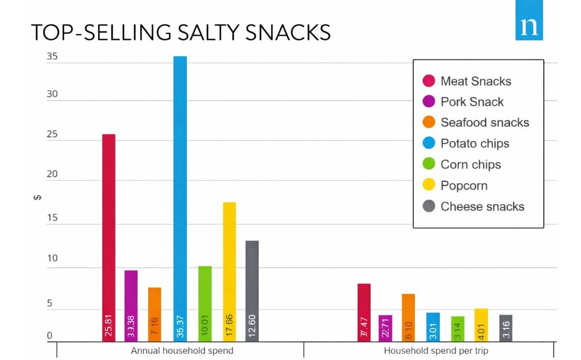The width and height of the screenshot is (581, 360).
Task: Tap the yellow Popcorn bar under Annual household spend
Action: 229,262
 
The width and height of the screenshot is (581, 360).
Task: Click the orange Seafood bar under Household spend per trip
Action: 408,310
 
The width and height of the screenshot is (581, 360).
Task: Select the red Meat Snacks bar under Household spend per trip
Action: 364,305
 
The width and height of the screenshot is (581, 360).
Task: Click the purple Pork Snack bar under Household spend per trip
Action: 385,322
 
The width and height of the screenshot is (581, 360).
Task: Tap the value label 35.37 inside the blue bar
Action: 180,328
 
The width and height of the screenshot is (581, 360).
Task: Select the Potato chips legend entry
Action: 474,144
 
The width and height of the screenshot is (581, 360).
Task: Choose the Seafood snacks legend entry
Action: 484,123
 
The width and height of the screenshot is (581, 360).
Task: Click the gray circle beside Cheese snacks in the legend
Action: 428,206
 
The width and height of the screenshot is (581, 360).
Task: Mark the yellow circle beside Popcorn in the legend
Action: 428,186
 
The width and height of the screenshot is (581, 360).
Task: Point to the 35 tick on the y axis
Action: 52,57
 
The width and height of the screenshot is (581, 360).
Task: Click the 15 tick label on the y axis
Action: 52,218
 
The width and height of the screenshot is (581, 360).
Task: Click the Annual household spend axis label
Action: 182,350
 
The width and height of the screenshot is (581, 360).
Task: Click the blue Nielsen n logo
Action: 529,26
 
